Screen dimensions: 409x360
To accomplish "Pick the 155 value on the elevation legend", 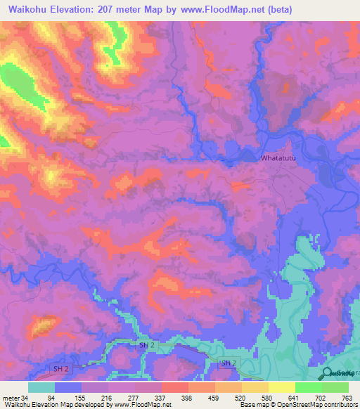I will click(108, 398).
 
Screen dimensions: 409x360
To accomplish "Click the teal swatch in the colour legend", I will click(41, 387).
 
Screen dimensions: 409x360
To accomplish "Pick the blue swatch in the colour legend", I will click(68, 387).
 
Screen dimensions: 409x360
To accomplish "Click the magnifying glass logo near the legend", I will click(327, 374).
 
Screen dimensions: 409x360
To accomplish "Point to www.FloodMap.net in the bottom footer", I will click(141, 404).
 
